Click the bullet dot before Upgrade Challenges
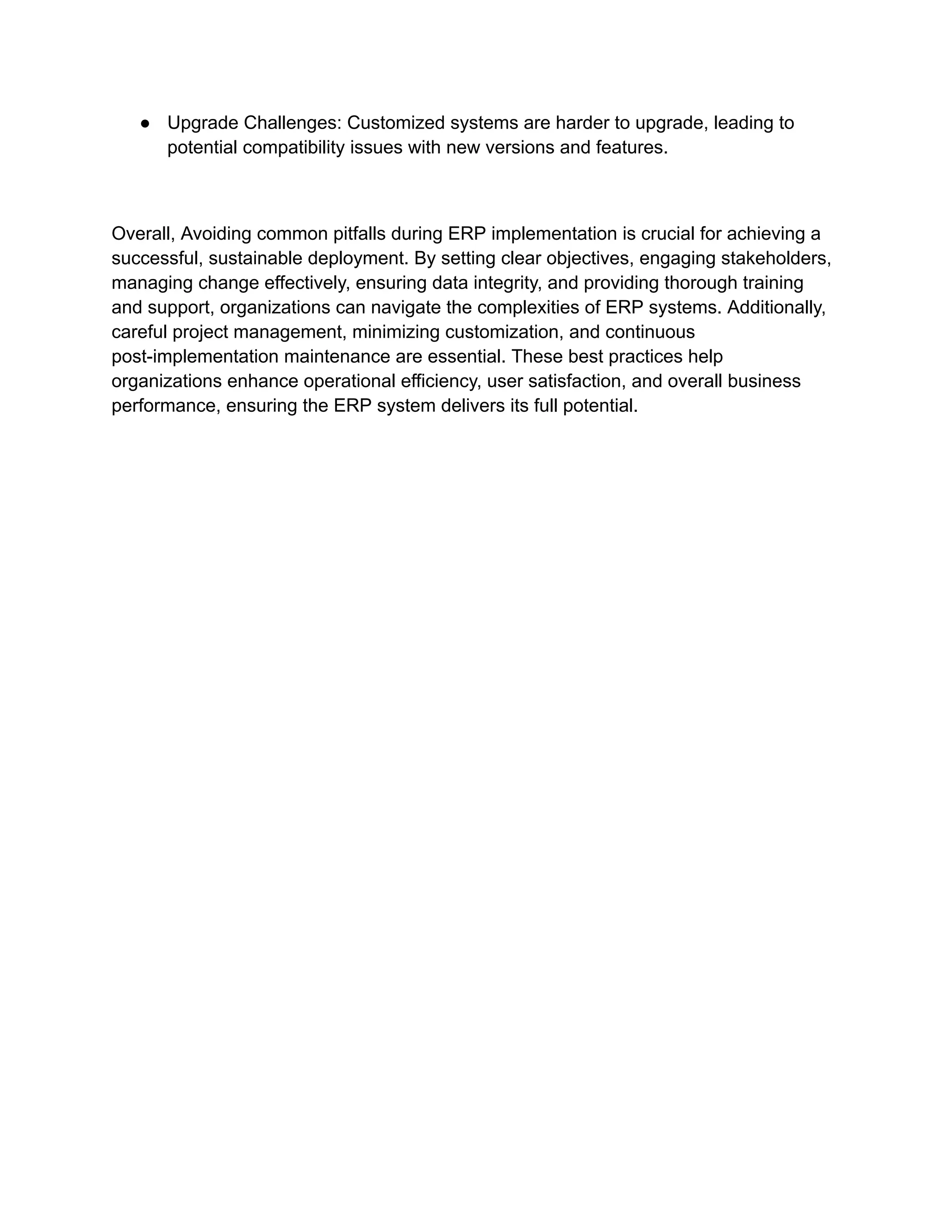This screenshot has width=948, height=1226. [x=145, y=124]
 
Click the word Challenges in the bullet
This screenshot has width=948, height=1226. [x=292, y=123]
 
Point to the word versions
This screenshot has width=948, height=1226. [x=519, y=148]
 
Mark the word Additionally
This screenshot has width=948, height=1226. [x=776, y=308]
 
